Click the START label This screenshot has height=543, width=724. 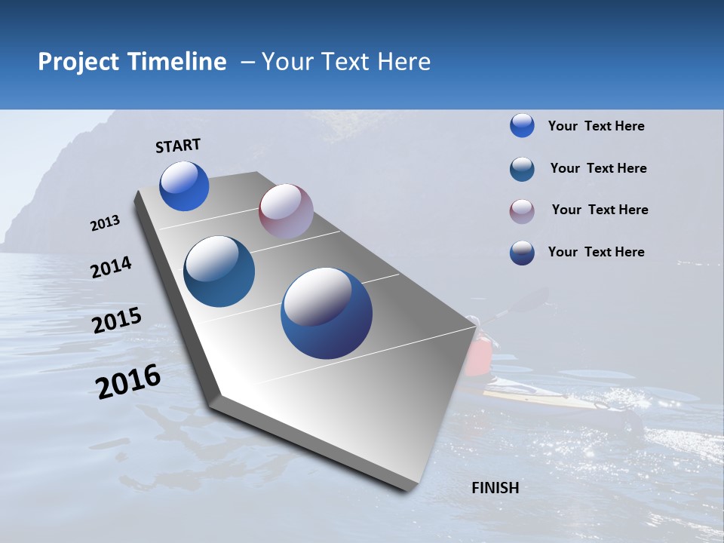tap(178, 146)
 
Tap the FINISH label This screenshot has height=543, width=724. tap(495, 488)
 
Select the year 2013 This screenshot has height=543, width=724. tap(105, 223)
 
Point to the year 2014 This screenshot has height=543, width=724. tap(111, 267)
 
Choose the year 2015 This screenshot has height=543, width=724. tap(116, 321)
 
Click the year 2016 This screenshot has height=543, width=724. tap(128, 381)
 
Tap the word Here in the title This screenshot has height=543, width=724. tap(403, 62)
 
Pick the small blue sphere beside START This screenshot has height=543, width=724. tap(184, 186)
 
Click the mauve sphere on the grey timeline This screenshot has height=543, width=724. tap(286, 211)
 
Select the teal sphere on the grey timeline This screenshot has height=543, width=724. tap(219, 271)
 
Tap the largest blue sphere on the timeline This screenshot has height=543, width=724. tap(327, 313)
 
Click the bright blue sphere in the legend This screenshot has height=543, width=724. tap(522, 125)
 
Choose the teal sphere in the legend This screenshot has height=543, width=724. tap(522, 169)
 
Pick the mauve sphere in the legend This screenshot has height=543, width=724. tap(522, 211)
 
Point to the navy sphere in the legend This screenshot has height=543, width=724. tap(522, 253)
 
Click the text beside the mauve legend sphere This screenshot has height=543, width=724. tap(600, 210)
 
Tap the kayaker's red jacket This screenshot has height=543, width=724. tap(478, 357)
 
